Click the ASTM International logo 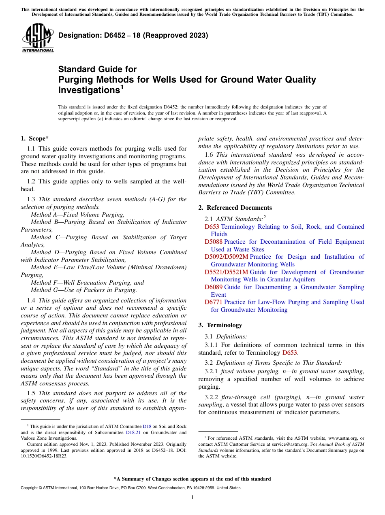pos(38,38)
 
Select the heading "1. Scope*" pos(34,138)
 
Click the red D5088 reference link pos(214,242)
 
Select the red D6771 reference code pos(214,302)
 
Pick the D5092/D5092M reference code pos(226,257)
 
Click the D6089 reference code pos(214,287)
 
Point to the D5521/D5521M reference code pos(226,272)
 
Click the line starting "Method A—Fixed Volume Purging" pos(77,215)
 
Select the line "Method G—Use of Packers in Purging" pos(84,290)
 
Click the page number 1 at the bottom pos(192,498)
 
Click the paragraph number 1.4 pos(31,300)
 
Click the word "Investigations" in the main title pos(89,90)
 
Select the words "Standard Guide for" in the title pos(97,69)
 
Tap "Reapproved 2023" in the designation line pos(178,35)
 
